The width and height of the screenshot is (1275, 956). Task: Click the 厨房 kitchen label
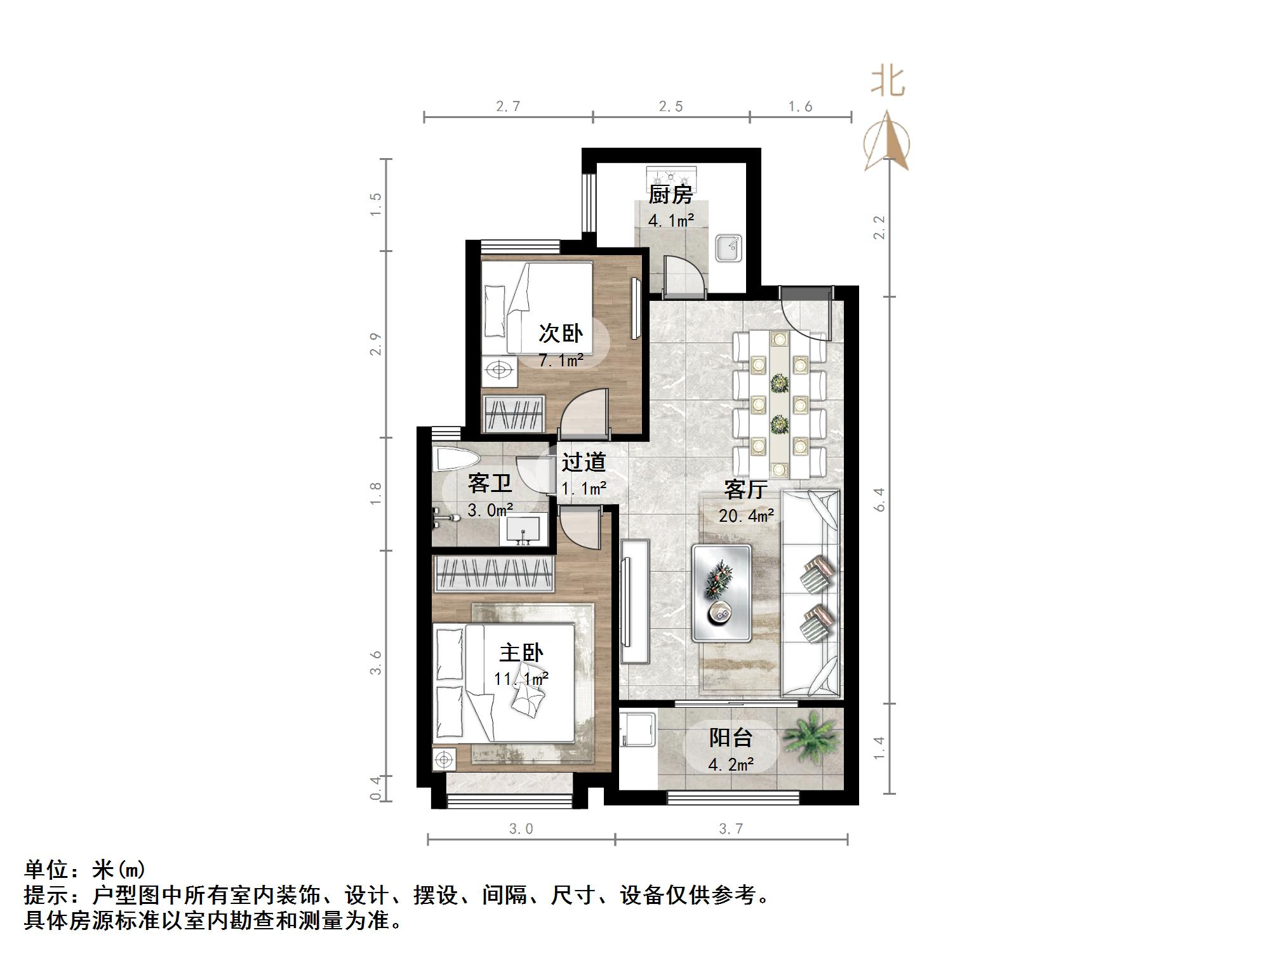(670, 195)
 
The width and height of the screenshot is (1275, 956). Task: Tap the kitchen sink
(729, 248)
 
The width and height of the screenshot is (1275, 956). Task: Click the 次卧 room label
(561, 333)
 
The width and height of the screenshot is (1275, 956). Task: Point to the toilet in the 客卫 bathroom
(455, 460)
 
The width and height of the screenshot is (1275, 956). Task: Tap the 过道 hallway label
(584, 462)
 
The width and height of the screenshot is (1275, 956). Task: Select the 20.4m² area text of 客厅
(746, 515)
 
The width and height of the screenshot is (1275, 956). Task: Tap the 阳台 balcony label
(731, 738)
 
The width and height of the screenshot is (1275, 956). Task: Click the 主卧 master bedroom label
(521, 653)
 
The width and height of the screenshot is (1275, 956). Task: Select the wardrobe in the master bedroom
(493, 573)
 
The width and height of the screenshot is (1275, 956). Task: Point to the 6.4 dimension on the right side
(879, 499)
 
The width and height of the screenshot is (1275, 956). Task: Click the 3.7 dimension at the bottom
(731, 828)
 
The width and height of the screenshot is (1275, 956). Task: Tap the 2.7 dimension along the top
(508, 107)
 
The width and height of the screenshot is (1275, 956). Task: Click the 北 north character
(888, 83)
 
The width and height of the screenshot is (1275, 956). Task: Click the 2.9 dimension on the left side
(376, 343)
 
